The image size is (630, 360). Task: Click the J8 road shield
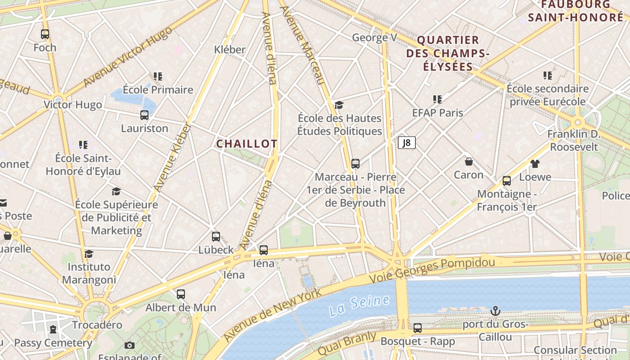pyautogui.click(x=406, y=143)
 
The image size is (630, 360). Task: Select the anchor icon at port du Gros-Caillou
pyautogui.click(x=495, y=311)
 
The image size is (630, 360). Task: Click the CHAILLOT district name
pyautogui.click(x=247, y=144)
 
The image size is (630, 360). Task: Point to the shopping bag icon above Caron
pyautogui.click(x=468, y=162)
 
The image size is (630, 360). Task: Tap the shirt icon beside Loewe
pyautogui.click(x=535, y=164)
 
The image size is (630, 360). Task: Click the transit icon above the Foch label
pyautogui.click(x=45, y=34)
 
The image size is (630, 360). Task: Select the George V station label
pyautogui.click(x=374, y=37)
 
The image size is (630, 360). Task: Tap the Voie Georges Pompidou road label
pyautogui.click(x=432, y=270)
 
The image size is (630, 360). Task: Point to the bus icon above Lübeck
pyautogui.click(x=216, y=237)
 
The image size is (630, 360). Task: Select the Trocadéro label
pyautogui.click(x=97, y=325)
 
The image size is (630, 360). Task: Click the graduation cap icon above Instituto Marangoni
pyautogui.click(x=89, y=254)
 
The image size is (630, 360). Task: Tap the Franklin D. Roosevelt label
pyautogui.click(x=574, y=140)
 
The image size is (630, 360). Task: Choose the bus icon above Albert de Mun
pyautogui.click(x=181, y=294)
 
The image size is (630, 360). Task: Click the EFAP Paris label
pyautogui.click(x=437, y=112)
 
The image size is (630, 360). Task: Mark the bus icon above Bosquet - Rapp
pyautogui.click(x=418, y=328)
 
